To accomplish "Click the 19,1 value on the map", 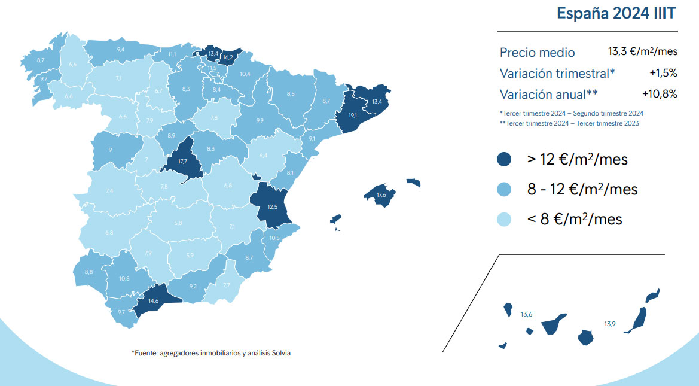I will click(353, 116).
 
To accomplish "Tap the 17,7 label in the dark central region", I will click(183, 161).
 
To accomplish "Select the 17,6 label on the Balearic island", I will click(381, 194).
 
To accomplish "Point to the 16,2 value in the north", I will click(227, 58).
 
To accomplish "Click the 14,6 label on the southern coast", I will click(154, 301).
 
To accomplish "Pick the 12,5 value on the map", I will click(273, 206).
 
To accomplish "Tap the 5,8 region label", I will click(178, 223).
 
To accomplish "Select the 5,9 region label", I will click(190, 256).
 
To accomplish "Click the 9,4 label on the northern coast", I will click(121, 49).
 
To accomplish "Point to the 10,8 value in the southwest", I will click(124, 278).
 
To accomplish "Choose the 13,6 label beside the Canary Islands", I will click(526, 314).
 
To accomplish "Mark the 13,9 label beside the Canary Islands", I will click(609, 324).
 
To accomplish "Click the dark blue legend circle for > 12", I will click(504, 160).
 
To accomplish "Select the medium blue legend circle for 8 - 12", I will click(504, 190).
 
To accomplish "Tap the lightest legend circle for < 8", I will click(504, 220).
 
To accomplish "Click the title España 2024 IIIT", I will click(616, 14).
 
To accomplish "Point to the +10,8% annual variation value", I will click(660, 94).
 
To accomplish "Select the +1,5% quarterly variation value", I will click(663, 73).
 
